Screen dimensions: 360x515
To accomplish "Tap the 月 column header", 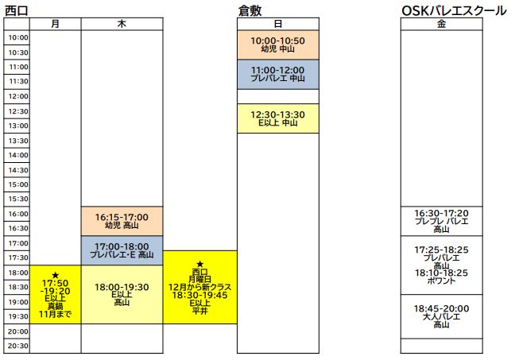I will click(x=55, y=24).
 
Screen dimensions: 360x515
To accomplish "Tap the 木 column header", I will click(x=122, y=24).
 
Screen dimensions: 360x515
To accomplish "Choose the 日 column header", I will click(x=277, y=24).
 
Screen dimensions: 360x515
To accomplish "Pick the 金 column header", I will click(x=441, y=24).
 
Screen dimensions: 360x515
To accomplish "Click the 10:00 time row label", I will click(x=17, y=37).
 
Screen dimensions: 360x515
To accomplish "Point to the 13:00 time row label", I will click(x=17, y=126).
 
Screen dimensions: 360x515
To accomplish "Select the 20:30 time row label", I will click(x=17, y=346).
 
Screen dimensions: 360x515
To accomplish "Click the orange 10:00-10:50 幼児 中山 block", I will click(x=277, y=45).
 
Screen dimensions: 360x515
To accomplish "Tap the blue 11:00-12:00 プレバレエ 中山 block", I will click(x=277, y=74).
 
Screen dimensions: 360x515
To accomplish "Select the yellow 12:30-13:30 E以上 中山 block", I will click(x=277, y=118).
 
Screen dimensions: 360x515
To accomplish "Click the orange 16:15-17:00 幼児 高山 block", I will click(x=122, y=221).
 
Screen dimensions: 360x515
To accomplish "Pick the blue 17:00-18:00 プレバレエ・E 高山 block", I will click(x=122, y=250).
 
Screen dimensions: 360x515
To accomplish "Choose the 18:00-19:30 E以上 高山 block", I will click(x=122, y=294).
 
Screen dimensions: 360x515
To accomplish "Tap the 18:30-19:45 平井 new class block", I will click(x=199, y=287).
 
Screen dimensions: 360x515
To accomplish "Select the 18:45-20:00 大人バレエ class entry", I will click(x=441, y=315).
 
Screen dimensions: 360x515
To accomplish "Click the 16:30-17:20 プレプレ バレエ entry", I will click(x=441, y=221).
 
